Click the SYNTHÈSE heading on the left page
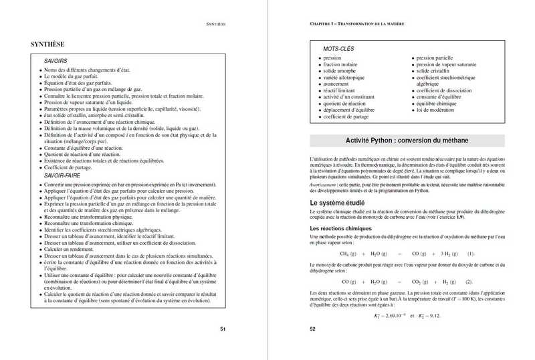(x=47, y=45)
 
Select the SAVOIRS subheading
(x=55, y=61)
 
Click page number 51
(x=223, y=329)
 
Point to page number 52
(x=312, y=329)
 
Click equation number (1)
(x=470, y=254)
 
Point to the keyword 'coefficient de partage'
(x=348, y=117)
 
